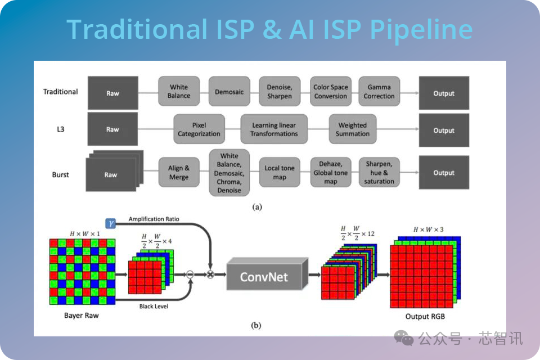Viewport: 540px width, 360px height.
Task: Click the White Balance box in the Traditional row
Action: coord(179,91)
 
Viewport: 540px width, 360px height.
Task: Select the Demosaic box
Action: coord(229,92)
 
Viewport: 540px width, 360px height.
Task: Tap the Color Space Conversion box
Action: coord(331,92)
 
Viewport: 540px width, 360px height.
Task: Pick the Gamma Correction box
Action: coord(379,92)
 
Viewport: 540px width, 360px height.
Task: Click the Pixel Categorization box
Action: coord(199,129)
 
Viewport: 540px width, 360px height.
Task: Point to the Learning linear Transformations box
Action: coord(274,129)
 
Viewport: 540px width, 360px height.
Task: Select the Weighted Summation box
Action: coord(353,129)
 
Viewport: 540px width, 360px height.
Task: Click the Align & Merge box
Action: coord(179,172)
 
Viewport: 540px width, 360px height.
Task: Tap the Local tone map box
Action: coord(280,172)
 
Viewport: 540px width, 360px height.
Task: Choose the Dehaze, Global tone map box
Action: coord(331,172)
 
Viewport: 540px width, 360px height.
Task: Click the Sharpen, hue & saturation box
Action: coord(379,172)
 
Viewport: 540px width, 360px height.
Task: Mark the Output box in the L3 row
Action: coord(444,130)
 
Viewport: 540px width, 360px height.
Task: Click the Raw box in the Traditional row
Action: coord(113,93)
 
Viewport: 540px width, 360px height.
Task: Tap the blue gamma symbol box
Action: coord(111,223)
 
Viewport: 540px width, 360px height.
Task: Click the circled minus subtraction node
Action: coord(190,274)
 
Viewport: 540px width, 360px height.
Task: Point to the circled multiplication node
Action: coord(210,274)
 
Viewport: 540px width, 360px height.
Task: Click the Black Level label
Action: coord(154,306)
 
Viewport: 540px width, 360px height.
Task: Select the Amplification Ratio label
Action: coord(154,219)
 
